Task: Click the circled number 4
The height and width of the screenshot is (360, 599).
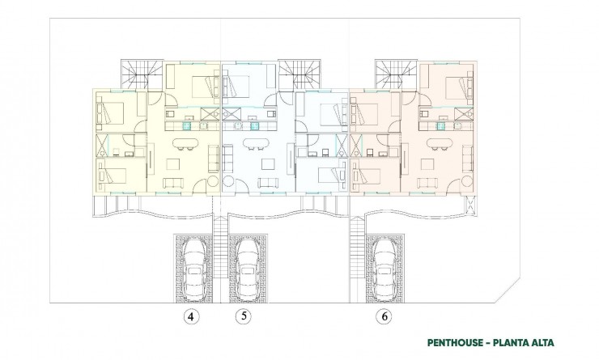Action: coord(190,316)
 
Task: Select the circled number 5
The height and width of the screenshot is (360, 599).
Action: coord(241,316)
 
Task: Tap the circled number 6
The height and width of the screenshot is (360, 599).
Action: coord(380,316)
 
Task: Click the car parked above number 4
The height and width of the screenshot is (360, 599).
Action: coord(193,269)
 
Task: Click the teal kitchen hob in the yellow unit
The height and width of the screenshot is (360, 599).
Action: coord(187,125)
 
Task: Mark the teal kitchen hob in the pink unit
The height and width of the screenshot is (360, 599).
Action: coord(441,125)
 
